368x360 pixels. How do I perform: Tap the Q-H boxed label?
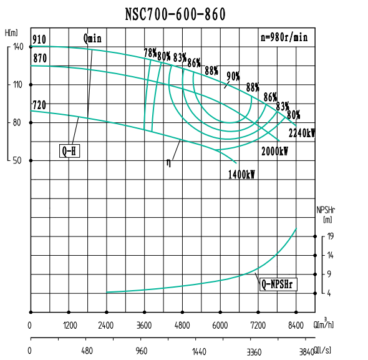tap(70, 150)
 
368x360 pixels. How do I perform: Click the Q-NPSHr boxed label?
tap(278, 285)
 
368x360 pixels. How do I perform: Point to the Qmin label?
tap(92, 37)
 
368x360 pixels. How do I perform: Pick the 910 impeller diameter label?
tap(39, 40)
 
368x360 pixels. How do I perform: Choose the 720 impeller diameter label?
tap(39, 105)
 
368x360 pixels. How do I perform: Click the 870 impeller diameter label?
tap(39, 58)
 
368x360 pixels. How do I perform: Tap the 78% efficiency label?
tap(150, 53)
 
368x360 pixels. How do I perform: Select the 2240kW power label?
tap(302, 133)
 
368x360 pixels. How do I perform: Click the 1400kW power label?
tap(241, 175)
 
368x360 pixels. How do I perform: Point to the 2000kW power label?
tap(274, 151)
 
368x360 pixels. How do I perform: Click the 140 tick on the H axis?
tap(17, 47)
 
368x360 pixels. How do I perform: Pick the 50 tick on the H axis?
tap(19, 160)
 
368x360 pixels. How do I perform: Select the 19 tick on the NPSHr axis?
tap(330, 236)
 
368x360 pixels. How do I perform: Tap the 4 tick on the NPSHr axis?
tap(330, 293)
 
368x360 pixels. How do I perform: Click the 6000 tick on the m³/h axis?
tap(220, 325)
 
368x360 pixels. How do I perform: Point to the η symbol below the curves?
tap(168, 163)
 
